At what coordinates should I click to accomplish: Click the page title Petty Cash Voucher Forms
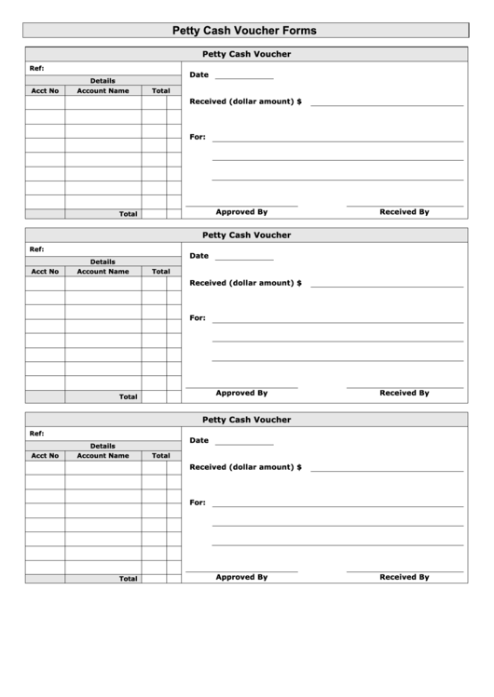(246, 31)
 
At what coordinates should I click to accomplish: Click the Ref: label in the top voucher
(36, 68)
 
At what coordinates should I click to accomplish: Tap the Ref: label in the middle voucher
(36, 249)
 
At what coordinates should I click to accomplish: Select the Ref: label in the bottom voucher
(36, 434)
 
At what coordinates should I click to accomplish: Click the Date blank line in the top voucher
(244, 78)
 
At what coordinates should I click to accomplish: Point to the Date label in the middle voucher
(199, 256)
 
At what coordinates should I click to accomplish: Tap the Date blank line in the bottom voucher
(244, 444)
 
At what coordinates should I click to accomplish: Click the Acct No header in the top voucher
(45, 91)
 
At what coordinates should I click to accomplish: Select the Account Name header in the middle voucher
(103, 272)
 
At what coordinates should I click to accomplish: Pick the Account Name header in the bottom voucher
(103, 456)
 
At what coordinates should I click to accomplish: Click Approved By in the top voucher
(241, 212)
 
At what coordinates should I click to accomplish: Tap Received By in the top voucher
(404, 212)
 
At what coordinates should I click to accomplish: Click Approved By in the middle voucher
(241, 393)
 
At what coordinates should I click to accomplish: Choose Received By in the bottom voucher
(404, 577)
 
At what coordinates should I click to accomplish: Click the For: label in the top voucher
(197, 137)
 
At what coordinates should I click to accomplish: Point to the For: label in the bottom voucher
(197, 503)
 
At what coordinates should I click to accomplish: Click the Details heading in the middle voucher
(103, 261)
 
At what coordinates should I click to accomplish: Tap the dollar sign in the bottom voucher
(299, 466)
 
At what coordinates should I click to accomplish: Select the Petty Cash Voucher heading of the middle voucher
(246, 235)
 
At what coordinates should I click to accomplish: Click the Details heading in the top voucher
(103, 81)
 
